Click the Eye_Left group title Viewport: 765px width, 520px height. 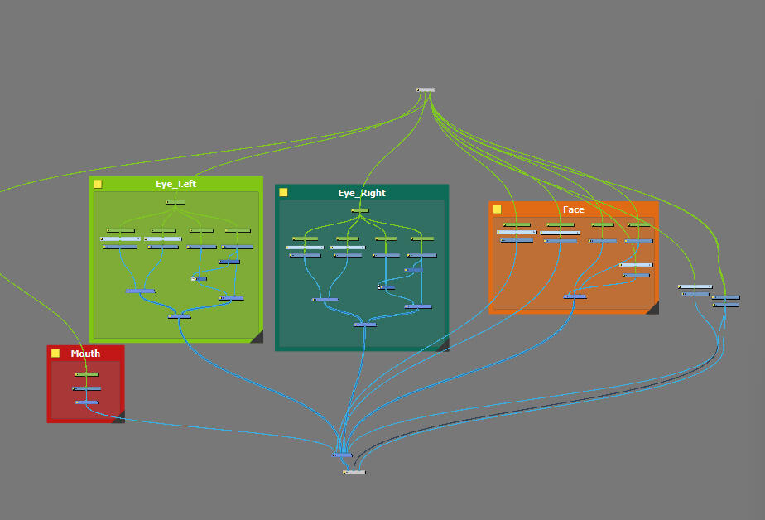176,184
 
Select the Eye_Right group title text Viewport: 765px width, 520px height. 362,193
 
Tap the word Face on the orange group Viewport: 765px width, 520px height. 573,209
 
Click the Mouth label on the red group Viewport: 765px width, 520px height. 85,354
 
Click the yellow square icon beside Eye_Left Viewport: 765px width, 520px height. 97,184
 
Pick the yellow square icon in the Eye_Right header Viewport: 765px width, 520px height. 283,192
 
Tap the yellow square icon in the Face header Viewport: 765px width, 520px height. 497,209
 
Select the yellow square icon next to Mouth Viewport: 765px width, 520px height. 55,353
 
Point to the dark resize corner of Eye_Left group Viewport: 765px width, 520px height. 257,337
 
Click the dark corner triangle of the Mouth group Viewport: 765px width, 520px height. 119,417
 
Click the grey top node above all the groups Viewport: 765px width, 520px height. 426,89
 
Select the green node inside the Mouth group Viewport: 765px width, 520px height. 86,374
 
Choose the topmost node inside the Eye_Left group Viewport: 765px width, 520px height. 176,202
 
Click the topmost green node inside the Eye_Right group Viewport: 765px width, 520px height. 359,210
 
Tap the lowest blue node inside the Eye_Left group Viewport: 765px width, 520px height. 180,316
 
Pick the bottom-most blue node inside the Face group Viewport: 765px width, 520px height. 575,296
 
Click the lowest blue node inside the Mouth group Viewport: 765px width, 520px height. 87,402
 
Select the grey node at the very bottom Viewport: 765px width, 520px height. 354,472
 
